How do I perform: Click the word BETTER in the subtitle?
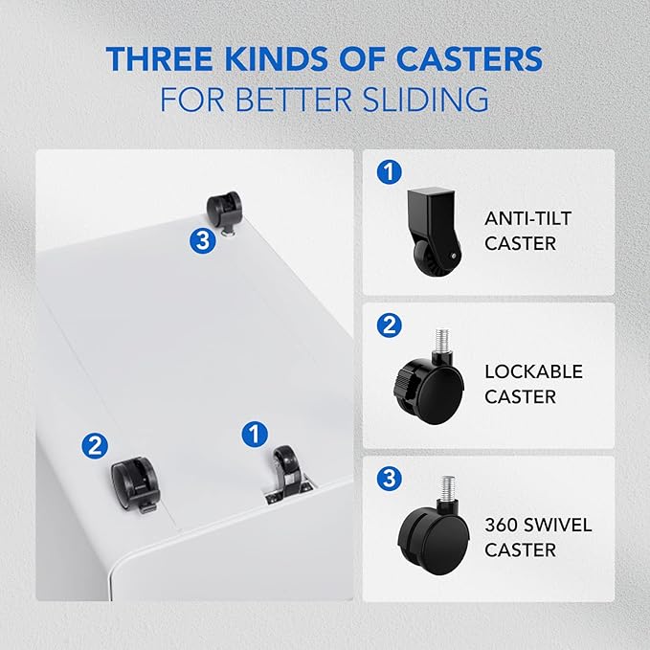point(294,99)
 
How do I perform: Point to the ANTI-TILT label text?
point(527,218)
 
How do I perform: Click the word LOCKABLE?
point(533,371)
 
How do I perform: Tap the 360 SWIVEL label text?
point(538,525)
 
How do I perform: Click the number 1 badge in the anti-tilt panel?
point(390,171)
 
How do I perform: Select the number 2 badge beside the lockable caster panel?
point(390,325)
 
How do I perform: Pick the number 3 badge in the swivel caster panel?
point(390,479)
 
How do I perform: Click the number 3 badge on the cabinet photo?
point(203,240)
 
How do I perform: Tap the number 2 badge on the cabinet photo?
point(95,446)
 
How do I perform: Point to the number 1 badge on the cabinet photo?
point(255,435)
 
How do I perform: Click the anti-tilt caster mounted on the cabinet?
point(288,475)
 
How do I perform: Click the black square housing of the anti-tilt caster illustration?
point(431,215)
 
